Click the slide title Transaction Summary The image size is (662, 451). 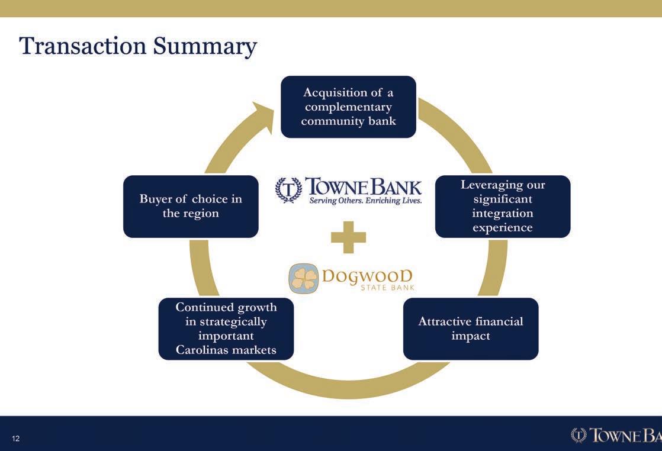[x=137, y=47]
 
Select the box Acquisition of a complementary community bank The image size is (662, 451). [x=348, y=107]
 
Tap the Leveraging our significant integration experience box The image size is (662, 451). [x=502, y=206]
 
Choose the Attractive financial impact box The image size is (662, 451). [x=470, y=328]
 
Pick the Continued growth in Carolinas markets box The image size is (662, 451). [x=226, y=328]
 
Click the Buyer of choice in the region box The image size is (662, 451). [x=191, y=206]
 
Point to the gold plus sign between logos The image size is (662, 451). [x=348, y=237]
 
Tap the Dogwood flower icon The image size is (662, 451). [x=304, y=279]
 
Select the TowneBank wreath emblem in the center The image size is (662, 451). [x=288, y=190]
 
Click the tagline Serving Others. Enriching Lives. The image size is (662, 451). [x=365, y=201]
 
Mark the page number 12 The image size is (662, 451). [x=15, y=439]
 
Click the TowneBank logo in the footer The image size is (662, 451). [x=616, y=435]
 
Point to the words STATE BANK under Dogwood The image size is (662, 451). [x=387, y=288]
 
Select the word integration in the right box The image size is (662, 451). [x=502, y=213]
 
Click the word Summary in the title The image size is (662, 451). [x=205, y=47]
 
